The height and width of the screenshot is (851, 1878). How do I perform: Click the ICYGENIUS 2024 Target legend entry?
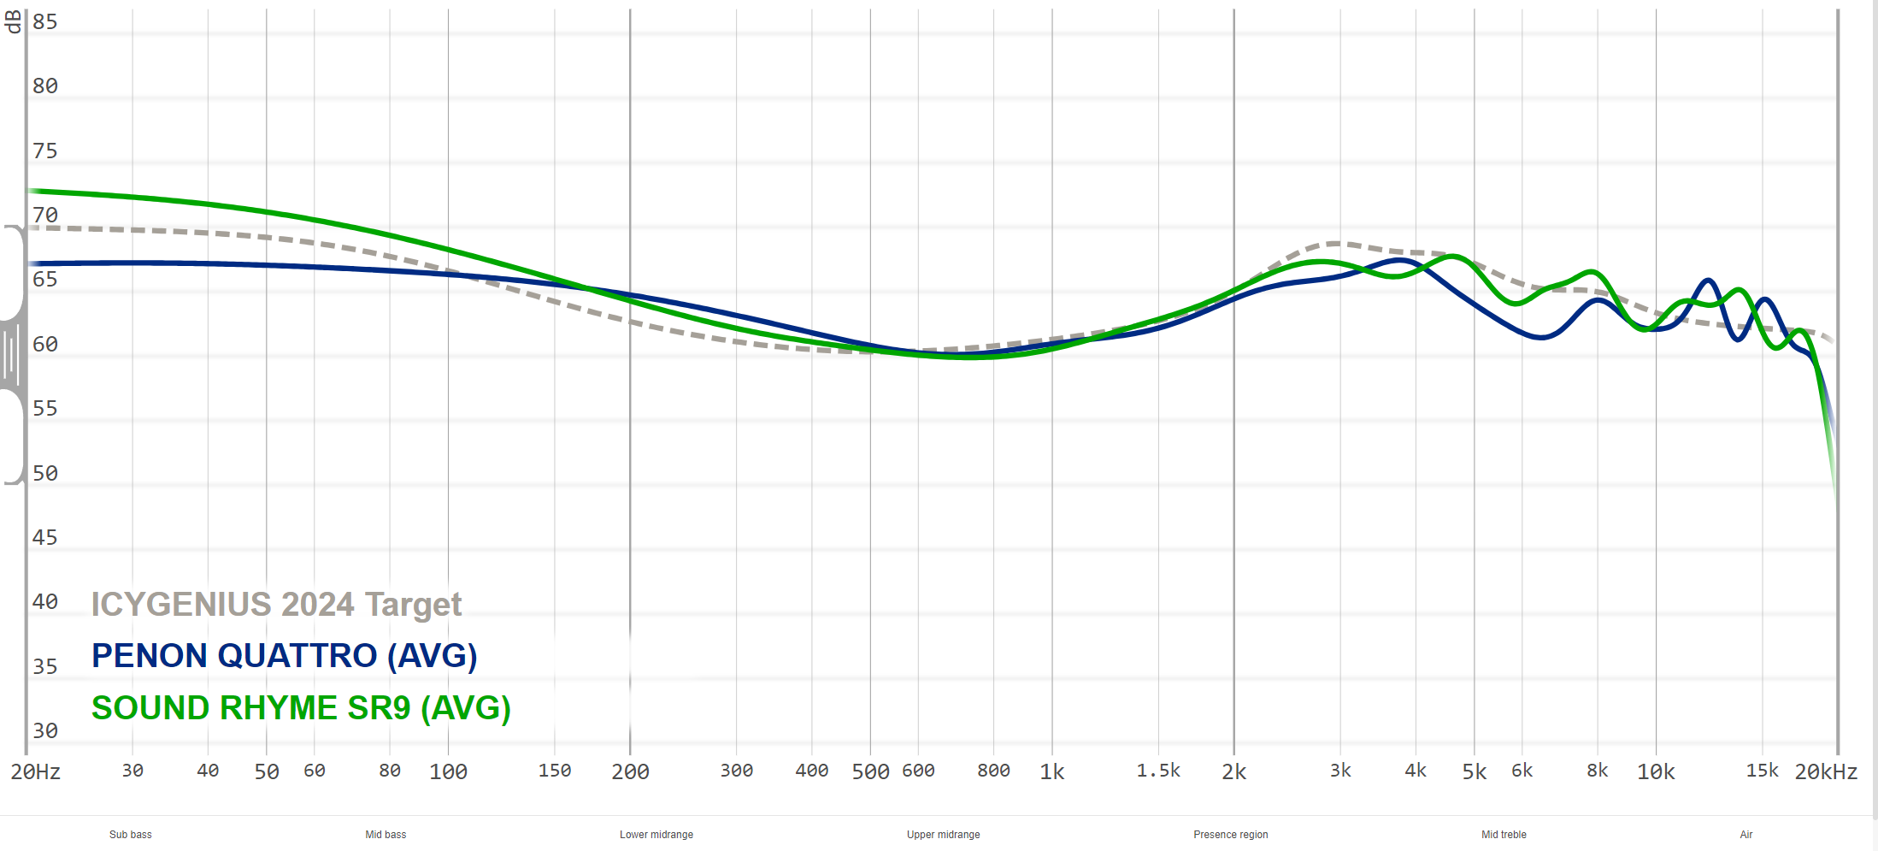pos(276,605)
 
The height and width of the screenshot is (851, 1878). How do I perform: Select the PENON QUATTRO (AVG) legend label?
pos(284,656)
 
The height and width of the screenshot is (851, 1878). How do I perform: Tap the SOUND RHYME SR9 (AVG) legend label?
pos(301,708)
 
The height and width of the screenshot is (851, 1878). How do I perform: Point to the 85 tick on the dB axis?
pos(45,22)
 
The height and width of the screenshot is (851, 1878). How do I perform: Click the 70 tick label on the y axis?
pos(45,216)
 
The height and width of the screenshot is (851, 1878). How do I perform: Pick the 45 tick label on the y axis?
pos(45,538)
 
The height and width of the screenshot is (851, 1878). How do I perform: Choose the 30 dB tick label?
pos(45,731)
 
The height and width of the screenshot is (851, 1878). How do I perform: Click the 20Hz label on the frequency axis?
pos(36,772)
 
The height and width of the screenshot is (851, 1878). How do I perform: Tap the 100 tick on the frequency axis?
pos(448,772)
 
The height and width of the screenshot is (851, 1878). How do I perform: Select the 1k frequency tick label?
pos(1051,772)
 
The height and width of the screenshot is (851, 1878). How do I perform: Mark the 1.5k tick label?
pos(1158,771)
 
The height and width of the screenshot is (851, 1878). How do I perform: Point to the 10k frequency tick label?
pos(1655,772)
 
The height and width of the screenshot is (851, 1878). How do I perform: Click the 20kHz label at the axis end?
pos(1826,772)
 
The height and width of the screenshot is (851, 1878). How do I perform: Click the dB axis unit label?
pos(13,22)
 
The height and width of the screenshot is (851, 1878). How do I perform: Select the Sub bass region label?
pos(131,835)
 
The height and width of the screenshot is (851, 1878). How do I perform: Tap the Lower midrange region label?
pos(656,835)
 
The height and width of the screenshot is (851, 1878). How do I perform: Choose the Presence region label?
pos(1231,835)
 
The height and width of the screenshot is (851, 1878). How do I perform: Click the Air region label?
pos(1746,835)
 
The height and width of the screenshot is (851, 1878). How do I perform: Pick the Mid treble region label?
pos(1504,835)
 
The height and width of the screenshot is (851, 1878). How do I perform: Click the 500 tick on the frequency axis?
pos(870,772)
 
